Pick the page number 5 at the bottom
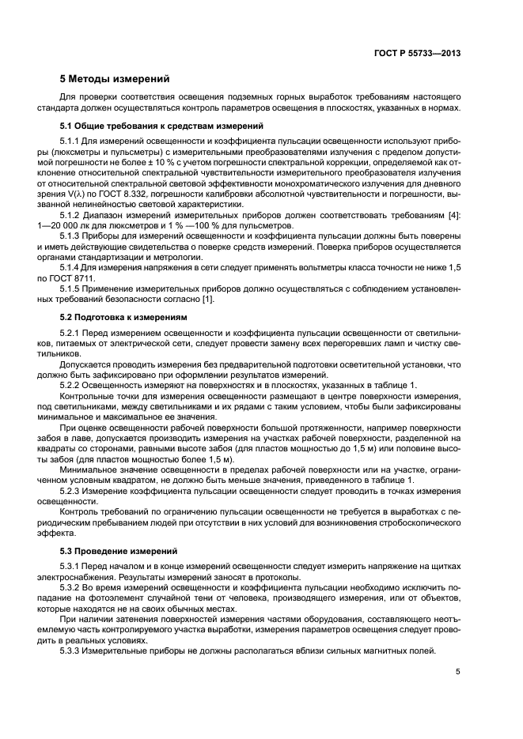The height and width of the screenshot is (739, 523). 458,672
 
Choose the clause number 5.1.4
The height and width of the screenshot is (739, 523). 71,267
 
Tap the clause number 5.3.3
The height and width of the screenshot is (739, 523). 71,650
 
